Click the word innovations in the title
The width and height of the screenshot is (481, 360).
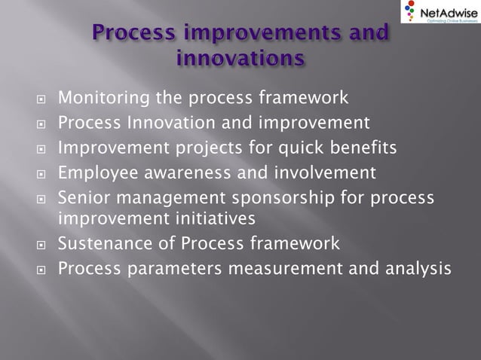pyautogui.click(x=240, y=57)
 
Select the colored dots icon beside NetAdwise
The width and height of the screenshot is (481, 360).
pyautogui.click(x=409, y=13)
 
